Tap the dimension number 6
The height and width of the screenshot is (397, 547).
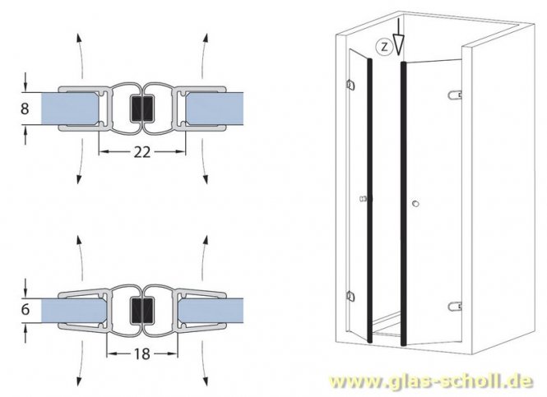click(25, 312)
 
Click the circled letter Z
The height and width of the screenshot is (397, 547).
click(383, 46)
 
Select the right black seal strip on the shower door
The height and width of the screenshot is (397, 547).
click(404, 197)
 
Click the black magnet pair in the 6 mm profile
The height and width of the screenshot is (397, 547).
click(142, 311)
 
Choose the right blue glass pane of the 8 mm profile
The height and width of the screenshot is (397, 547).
click(212, 107)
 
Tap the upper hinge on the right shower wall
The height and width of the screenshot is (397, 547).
click(454, 95)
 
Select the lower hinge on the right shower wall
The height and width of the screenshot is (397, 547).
click(453, 307)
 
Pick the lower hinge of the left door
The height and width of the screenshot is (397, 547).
click(351, 296)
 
